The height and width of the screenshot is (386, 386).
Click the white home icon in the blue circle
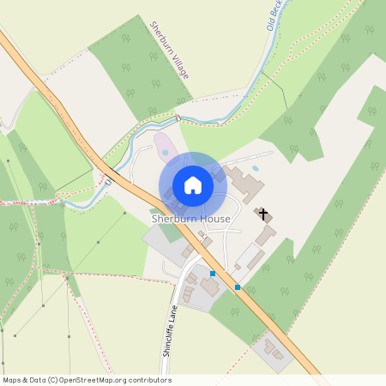coord(193,185)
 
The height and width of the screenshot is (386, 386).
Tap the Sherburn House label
coord(191,219)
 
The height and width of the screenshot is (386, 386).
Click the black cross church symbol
coord(262,213)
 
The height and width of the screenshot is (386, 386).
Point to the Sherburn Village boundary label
coord(169,51)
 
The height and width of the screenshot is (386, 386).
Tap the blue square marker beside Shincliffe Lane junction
coord(213,274)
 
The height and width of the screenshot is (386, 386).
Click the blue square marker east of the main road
coord(238,287)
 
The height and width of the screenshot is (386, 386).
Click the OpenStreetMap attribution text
coord(86,380)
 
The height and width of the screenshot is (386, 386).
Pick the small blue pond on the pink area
coord(165,154)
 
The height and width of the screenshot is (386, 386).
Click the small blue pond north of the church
coord(254,169)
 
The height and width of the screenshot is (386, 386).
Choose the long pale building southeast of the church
coord(250,255)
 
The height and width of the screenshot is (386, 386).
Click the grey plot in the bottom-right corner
coord(274,353)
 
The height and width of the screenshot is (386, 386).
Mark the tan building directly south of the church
coord(266,233)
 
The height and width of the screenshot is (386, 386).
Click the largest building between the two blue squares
coord(210,286)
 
